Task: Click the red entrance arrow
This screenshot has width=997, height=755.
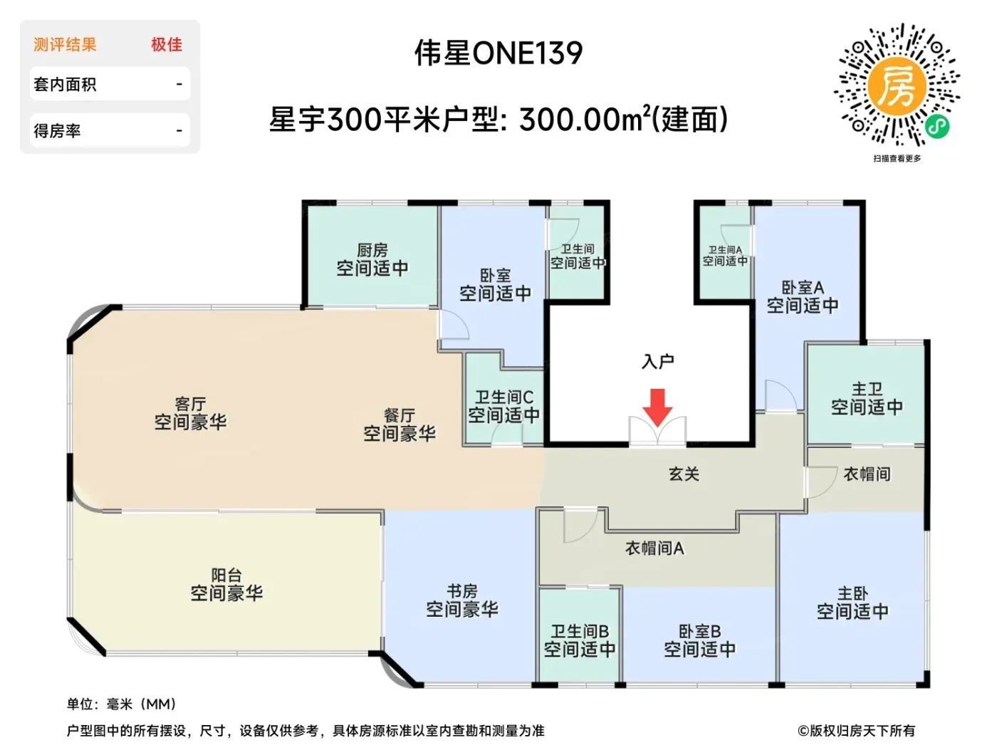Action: (657, 407)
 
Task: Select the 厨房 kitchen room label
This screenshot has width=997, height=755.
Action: (372, 250)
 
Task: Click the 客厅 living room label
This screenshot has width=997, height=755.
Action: (190, 403)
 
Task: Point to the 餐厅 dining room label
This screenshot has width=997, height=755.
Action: (400, 415)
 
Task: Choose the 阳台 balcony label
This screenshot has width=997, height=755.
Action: (226, 575)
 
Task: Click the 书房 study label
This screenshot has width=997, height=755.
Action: (462, 590)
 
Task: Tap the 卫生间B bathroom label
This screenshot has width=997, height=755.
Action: (580, 631)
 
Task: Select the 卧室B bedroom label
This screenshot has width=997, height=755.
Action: (699, 631)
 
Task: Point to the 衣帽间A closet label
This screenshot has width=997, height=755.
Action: (654, 548)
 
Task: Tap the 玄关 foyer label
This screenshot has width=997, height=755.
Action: (684, 474)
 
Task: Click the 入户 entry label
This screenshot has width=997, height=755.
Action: (657, 362)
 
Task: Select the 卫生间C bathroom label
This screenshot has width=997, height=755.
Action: (503, 397)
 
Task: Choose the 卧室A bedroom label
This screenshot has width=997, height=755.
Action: (802, 287)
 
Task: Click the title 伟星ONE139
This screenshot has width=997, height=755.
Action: (499, 53)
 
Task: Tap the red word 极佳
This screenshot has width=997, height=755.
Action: (166, 45)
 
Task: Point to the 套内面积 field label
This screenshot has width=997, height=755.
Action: (65, 85)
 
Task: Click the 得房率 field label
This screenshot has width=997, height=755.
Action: (57, 131)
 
